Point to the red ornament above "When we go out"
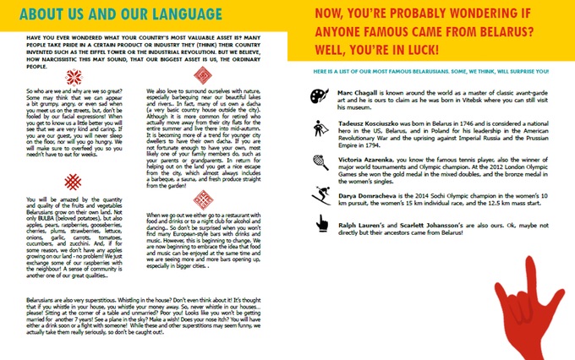coord(204,201)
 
